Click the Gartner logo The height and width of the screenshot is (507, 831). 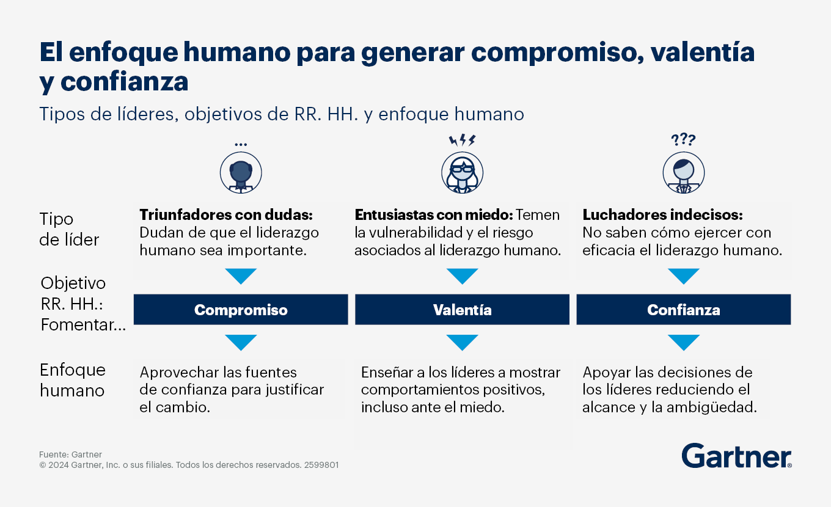pyautogui.click(x=736, y=456)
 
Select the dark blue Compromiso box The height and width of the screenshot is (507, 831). pyautogui.click(x=241, y=310)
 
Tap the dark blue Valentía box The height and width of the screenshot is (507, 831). pyautogui.click(x=462, y=310)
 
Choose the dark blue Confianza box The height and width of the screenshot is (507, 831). pyautogui.click(x=684, y=310)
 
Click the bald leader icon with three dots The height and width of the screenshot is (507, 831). pyautogui.click(x=241, y=172)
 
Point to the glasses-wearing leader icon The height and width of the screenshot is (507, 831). pyautogui.click(x=462, y=172)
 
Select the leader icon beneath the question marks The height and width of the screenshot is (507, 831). pyautogui.click(x=684, y=172)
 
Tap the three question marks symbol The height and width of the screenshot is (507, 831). pyautogui.click(x=683, y=140)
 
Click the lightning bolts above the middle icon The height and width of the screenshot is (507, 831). pyautogui.click(x=462, y=140)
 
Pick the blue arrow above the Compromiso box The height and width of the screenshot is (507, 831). pyautogui.click(x=241, y=275)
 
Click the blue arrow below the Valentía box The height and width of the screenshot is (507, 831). pyautogui.click(x=462, y=341)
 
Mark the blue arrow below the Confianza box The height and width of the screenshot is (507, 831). pyautogui.click(x=684, y=341)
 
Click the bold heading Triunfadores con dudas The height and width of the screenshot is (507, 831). pyautogui.click(x=226, y=215)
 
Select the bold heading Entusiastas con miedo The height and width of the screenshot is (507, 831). pyautogui.click(x=434, y=215)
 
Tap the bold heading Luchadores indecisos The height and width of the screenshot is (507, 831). pyautogui.click(x=662, y=215)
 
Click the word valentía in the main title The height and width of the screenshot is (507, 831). pyautogui.click(x=702, y=53)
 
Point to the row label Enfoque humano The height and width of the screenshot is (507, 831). pyautogui.click(x=73, y=380)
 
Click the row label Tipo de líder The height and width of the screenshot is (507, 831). pyautogui.click(x=70, y=229)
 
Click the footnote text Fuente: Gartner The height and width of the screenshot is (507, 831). pyautogui.click(x=70, y=454)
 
